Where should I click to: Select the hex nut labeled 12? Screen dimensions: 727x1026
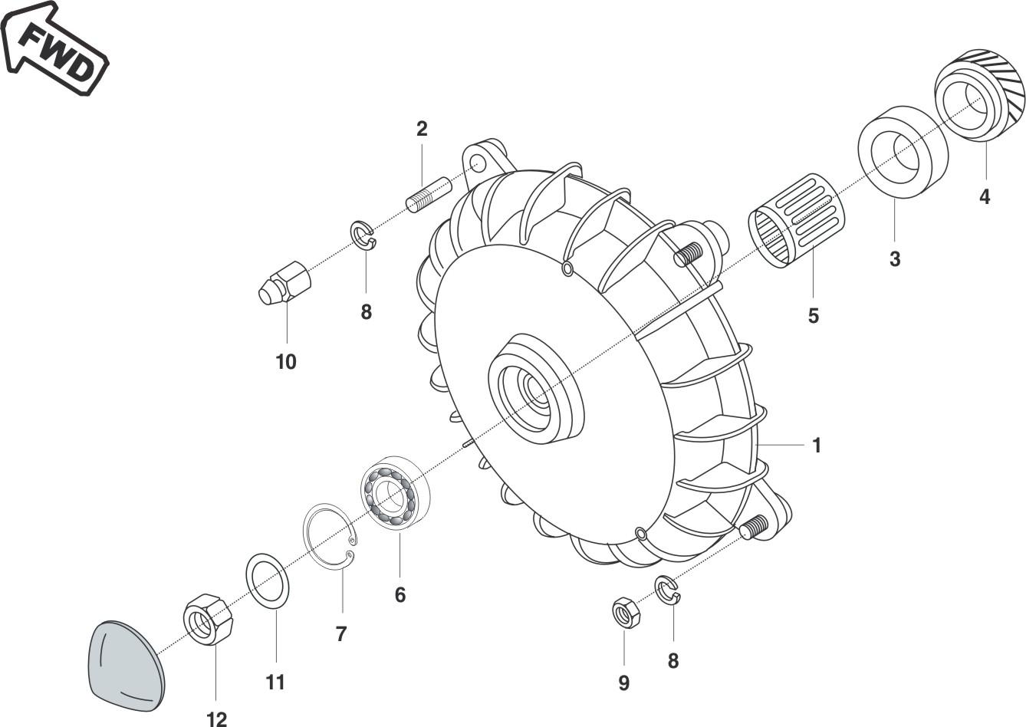coord(207,619)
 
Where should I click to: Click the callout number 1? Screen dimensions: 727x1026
coord(817,445)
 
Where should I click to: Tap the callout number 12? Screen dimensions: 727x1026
coord(216,719)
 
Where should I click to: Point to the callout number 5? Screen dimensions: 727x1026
coord(814,315)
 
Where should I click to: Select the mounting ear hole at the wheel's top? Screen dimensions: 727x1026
coord(478,163)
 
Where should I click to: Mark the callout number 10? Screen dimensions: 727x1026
coord(286,361)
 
